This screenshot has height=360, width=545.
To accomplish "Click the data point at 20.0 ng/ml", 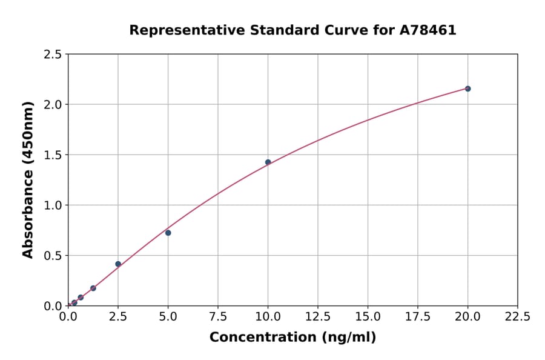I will point(467,88).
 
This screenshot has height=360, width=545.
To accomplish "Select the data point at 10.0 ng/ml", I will point(268,162).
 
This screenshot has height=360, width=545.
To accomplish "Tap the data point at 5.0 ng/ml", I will point(168,233).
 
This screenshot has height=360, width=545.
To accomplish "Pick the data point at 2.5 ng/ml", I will point(118,264).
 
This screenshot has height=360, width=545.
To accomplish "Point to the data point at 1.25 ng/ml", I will point(93,288).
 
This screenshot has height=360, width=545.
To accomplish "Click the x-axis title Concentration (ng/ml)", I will point(292,338).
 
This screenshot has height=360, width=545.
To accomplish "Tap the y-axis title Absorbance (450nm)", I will point(28,179).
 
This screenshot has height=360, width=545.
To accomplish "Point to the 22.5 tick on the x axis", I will point(517,317).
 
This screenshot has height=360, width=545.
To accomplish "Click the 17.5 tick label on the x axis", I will point(417,317).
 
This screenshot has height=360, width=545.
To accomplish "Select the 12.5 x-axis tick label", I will point(317,317).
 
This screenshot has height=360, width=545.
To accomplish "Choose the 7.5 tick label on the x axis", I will point(218,317).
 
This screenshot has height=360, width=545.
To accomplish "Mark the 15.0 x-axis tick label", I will point(368,317).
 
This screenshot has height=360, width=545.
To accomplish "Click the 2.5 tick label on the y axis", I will point(53,55).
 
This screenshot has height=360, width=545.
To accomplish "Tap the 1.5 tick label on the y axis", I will point(53,155).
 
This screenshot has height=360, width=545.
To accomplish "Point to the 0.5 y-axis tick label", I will point(53,256).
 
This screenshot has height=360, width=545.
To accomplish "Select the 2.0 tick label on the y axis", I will point(53,105).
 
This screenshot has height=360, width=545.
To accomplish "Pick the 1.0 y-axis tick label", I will point(53,205).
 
